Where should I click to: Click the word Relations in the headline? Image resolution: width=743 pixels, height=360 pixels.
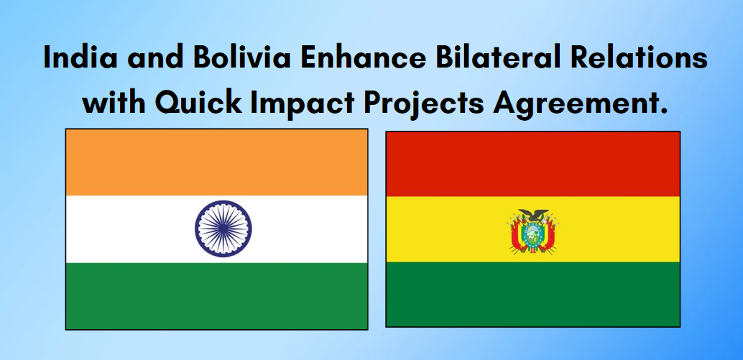click(x=651, y=58)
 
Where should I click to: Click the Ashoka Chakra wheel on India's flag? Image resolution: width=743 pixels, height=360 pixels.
click(x=223, y=229)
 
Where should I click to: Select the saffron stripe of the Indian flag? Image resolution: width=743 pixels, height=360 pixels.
click(x=216, y=162)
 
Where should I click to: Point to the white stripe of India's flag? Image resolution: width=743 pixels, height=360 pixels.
click(x=129, y=229)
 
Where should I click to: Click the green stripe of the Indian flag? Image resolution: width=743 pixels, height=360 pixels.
click(x=216, y=295)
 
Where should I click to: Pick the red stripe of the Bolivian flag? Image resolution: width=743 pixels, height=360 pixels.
click(x=532, y=164)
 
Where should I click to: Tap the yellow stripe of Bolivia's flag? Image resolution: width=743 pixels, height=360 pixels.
click(x=446, y=229)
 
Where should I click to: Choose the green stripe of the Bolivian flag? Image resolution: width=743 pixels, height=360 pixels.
click(x=532, y=294)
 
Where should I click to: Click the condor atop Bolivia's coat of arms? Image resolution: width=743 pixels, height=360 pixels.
click(x=533, y=215)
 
